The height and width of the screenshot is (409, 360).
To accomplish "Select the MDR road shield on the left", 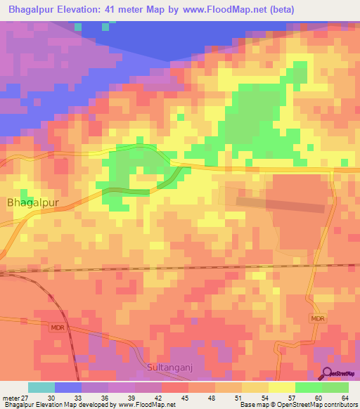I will pyautogui.click(x=57, y=327).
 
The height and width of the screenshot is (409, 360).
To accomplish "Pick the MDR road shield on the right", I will pyautogui.click(x=319, y=318).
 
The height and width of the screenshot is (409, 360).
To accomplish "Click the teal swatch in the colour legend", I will pyautogui.click(x=41, y=387).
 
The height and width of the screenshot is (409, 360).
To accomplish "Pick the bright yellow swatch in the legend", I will pyautogui.click(x=281, y=387).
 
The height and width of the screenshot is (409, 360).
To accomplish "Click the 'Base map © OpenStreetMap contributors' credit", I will pyautogui.click(x=296, y=405).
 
